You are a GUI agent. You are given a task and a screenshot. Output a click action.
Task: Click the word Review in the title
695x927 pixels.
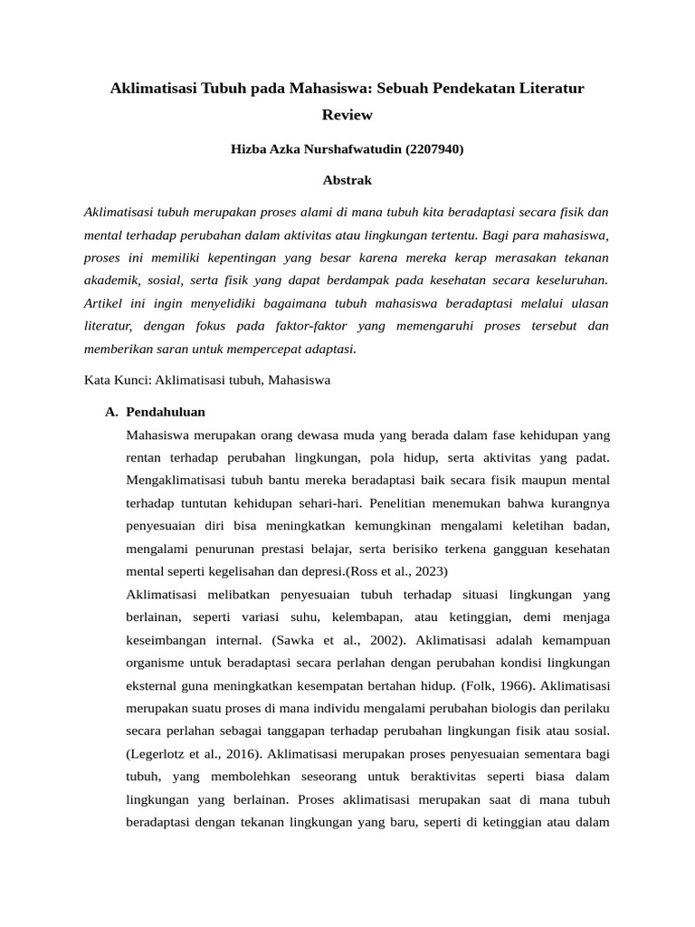(347, 115)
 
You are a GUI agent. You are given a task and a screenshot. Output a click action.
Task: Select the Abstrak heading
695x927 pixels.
(347, 180)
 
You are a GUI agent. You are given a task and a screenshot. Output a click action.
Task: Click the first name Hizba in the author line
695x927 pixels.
(251, 149)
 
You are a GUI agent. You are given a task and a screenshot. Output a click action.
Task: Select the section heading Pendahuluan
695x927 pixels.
(166, 411)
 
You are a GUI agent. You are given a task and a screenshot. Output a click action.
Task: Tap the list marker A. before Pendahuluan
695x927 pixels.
(111, 411)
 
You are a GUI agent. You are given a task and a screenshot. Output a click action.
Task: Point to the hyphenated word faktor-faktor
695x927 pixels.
(311, 326)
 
